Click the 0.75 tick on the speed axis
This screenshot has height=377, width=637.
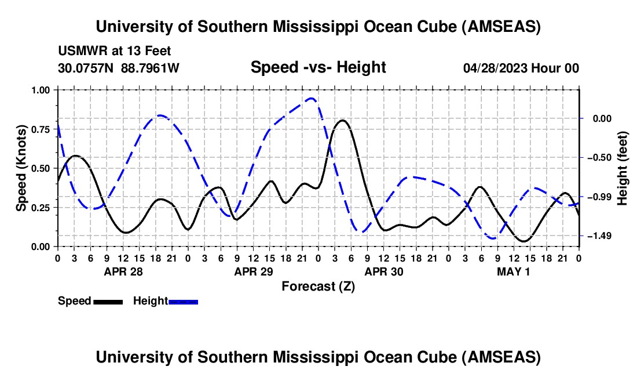[x=41, y=129]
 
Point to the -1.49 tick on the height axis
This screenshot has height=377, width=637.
[x=596, y=236]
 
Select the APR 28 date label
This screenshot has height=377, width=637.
[x=123, y=271]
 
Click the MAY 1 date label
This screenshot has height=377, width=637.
[x=513, y=271]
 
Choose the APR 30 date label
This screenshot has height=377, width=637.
[x=383, y=271]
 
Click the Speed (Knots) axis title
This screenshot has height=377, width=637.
[x=21, y=168]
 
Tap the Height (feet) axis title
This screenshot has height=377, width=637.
[x=623, y=168]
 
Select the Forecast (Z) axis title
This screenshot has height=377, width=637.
[x=318, y=286]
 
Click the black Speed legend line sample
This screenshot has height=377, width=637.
[x=108, y=301]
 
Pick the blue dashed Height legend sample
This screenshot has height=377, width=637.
[x=183, y=301]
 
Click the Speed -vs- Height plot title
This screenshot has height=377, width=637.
[x=318, y=67]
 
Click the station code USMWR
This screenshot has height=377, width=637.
[x=79, y=52]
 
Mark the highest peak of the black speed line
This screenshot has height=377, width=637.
[x=343, y=120]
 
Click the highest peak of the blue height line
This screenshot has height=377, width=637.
[x=312, y=98]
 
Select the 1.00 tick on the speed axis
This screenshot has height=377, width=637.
[x=41, y=90]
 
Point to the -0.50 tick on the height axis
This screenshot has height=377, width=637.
[x=596, y=158]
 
